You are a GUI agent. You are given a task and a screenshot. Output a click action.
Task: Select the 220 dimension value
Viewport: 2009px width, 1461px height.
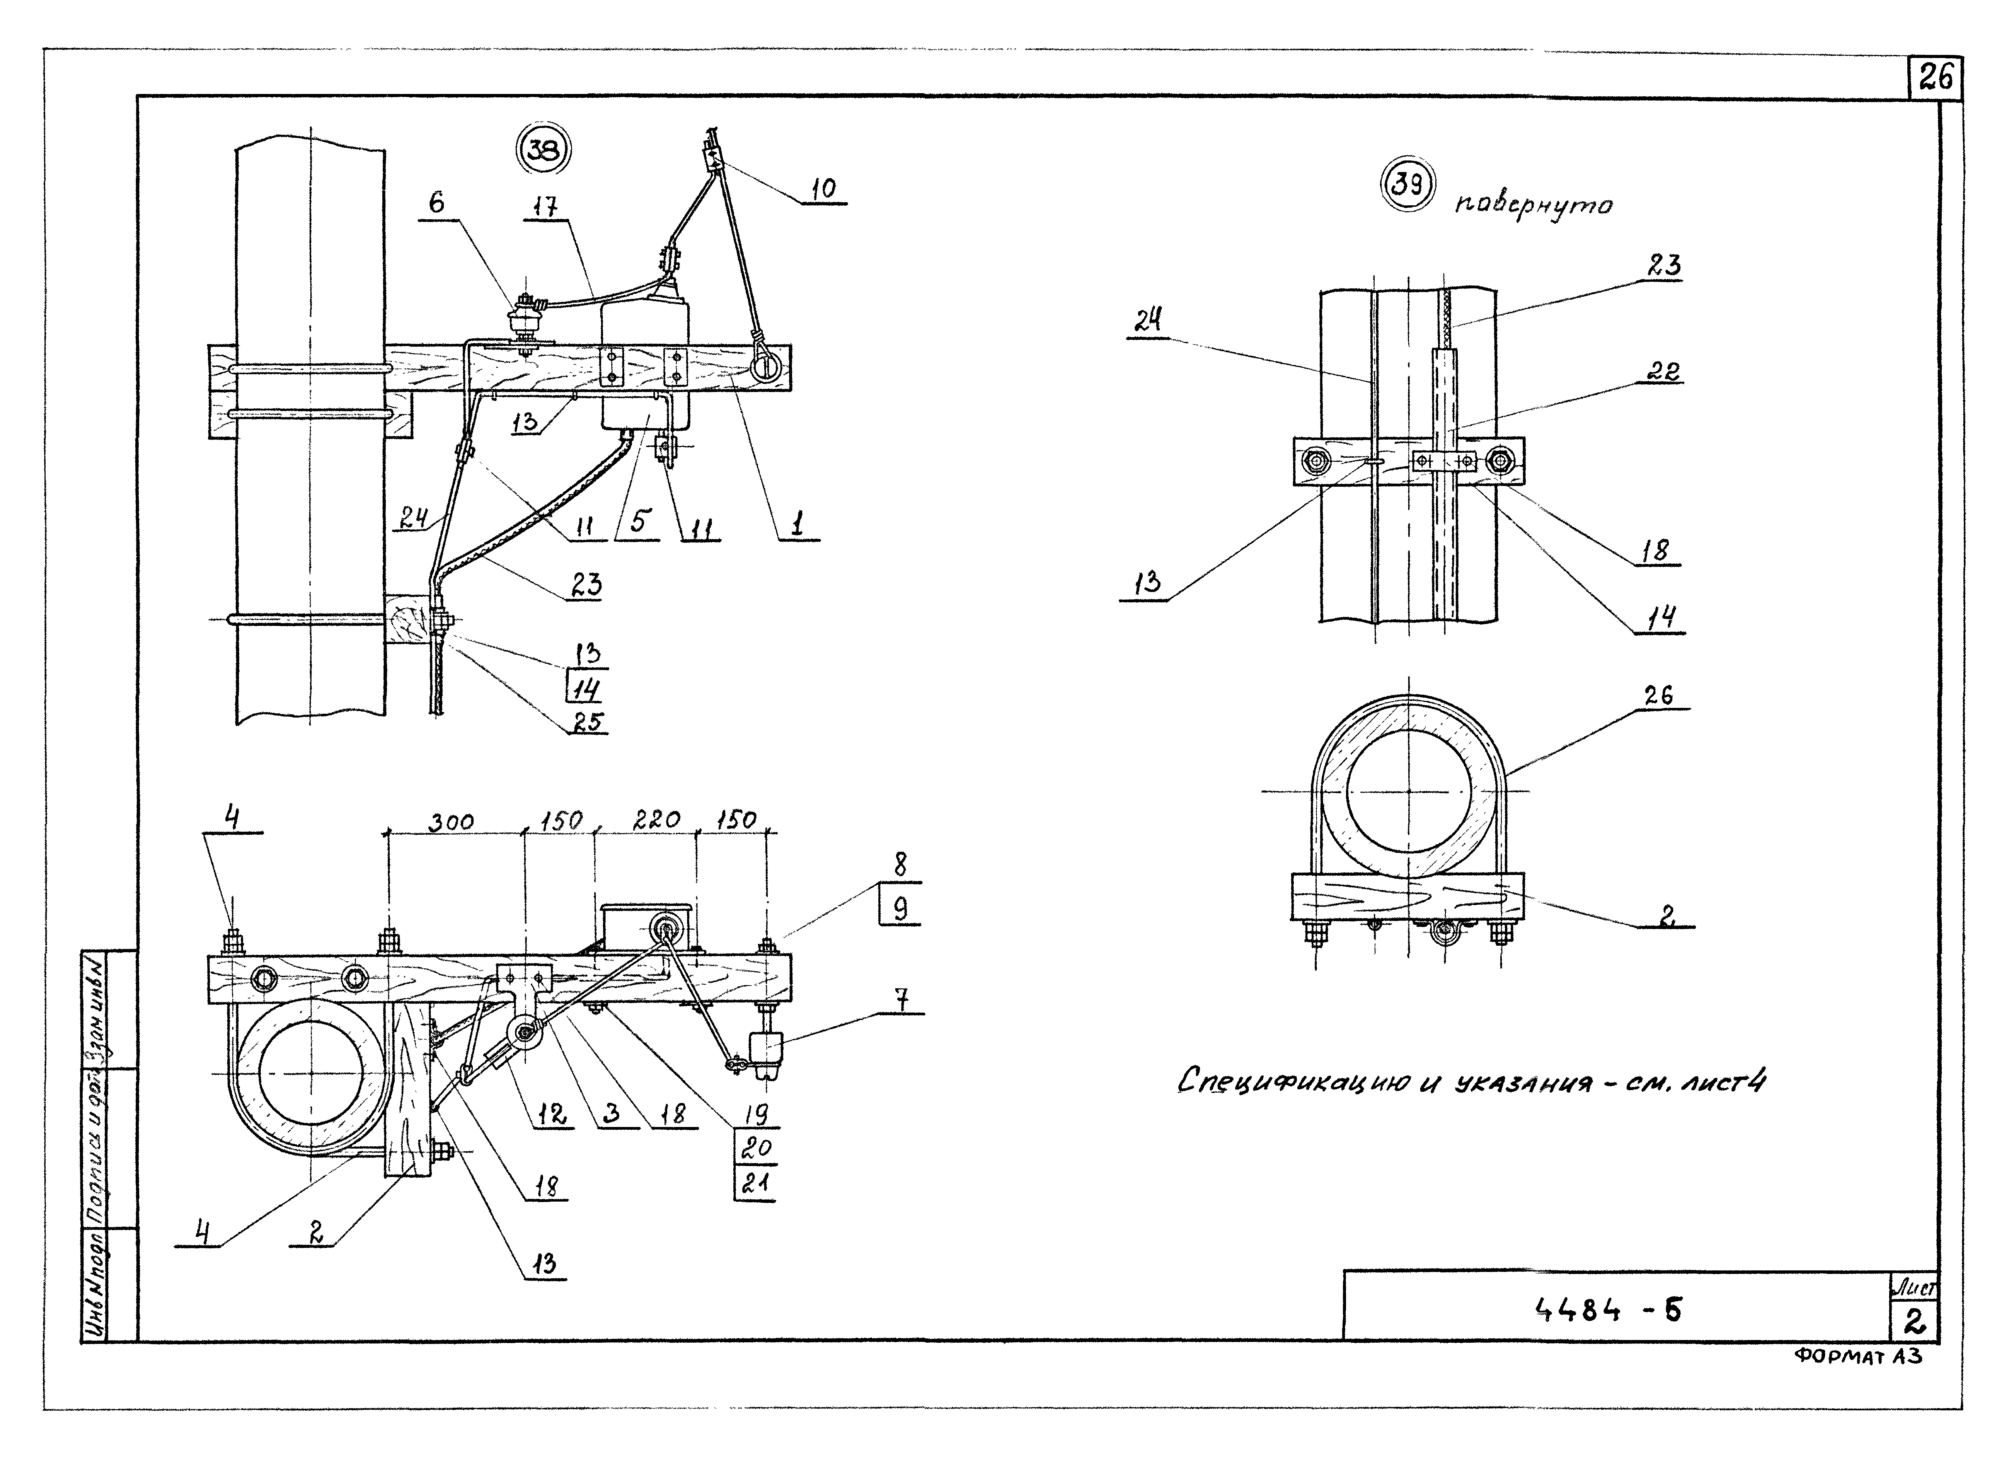(x=656, y=820)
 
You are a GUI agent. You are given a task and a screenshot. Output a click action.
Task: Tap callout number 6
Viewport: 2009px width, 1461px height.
(x=437, y=203)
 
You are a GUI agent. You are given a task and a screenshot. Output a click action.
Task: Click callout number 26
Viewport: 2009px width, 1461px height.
(x=1658, y=696)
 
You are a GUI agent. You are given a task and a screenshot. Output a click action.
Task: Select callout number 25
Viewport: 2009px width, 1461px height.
(x=586, y=722)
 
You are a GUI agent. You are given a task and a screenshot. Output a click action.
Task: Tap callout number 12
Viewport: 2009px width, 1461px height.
(x=552, y=1115)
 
